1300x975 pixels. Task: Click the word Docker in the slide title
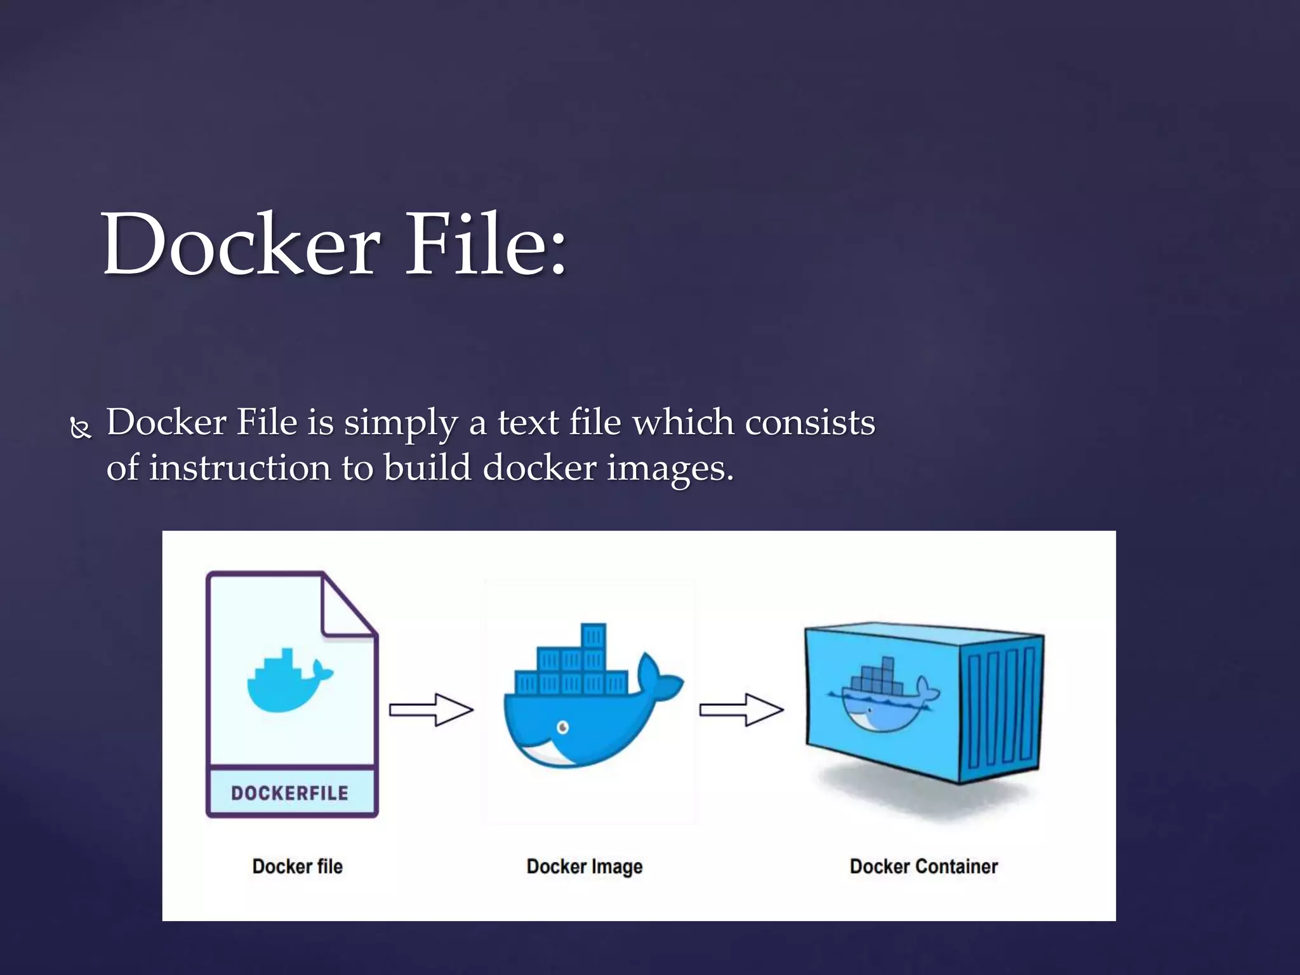pos(241,245)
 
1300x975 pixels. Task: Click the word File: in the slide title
pos(486,245)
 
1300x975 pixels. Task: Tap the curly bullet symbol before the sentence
pos(81,428)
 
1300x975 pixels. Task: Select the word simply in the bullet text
pos(401,423)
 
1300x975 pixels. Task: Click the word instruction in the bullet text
pos(240,468)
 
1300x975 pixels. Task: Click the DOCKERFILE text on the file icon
pos(289,793)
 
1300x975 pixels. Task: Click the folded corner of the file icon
pos(347,606)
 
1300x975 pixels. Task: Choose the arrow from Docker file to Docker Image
pos(431,709)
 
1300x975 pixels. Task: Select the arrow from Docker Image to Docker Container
pos(741,709)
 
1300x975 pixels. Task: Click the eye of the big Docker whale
pos(562,727)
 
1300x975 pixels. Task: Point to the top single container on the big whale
pos(593,635)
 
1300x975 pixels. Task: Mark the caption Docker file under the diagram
pos(297,866)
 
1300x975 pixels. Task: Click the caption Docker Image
pos(585,866)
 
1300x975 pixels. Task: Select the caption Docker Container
pos(924,866)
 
